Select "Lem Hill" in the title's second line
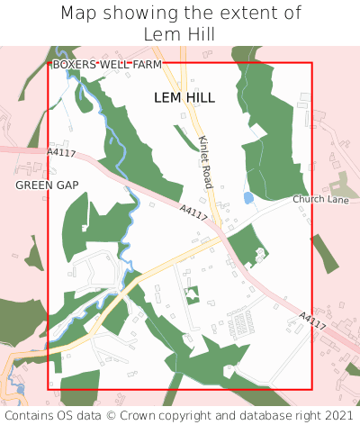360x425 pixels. [180, 33]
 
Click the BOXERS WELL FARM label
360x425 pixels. [107, 65]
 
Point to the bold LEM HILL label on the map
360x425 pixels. [184, 97]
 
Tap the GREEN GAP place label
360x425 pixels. [47, 185]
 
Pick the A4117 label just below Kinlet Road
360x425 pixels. [193, 214]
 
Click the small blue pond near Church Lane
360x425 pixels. [248, 197]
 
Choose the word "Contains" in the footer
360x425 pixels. [30, 416]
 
